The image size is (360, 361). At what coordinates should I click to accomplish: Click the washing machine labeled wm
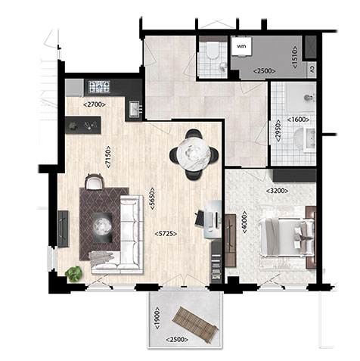242,47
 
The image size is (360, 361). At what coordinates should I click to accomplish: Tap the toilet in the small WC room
213,50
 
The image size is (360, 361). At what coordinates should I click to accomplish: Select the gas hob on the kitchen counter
99,86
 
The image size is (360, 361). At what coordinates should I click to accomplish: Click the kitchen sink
135,109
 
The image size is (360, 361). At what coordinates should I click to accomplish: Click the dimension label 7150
108,157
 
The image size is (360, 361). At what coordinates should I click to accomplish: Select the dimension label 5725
166,234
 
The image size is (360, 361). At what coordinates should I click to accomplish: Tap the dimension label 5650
153,198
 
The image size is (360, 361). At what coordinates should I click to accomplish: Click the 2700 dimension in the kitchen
94,104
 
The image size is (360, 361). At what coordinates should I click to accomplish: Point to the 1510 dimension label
295,57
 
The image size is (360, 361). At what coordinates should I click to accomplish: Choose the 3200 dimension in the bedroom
278,191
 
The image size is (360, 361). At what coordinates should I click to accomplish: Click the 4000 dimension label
244,222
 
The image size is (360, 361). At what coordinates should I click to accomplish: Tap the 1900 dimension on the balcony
157,318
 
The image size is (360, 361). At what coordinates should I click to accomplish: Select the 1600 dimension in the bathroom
298,120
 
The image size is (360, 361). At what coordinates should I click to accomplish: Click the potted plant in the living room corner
73,274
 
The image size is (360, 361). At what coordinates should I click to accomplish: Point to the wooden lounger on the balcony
195,325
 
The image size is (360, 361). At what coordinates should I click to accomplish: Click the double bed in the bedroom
287,237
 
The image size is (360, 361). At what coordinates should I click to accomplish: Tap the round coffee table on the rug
102,227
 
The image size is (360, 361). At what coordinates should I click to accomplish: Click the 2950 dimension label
278,131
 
